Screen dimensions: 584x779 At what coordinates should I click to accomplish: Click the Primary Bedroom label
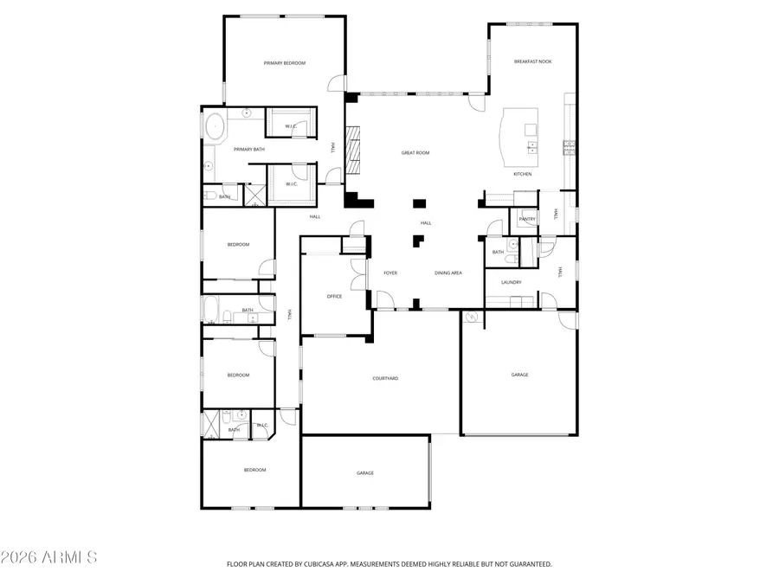tap(285, 63)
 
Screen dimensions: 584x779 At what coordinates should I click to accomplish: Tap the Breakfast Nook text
tap(532, 61)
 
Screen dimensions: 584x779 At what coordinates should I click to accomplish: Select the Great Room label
tap(415, 153)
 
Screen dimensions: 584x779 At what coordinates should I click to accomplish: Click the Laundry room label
tap(511, 282)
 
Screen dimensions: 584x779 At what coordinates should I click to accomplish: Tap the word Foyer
tap(390, 273)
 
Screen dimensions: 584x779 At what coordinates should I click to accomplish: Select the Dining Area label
tap(447, 273)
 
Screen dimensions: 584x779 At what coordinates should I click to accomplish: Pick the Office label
tap(334, 297)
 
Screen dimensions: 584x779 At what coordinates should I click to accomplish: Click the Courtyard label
tap(385, 378)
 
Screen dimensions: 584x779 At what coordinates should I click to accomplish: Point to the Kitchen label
tap(522, 175)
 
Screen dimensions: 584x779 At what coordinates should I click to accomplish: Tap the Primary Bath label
tap(248, 150)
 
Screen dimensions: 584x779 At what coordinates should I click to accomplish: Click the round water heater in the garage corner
tap(473, 319)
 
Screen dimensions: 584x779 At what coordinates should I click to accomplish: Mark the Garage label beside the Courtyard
tap(519, 375)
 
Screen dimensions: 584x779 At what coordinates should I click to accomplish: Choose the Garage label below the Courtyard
tap(365, 473)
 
